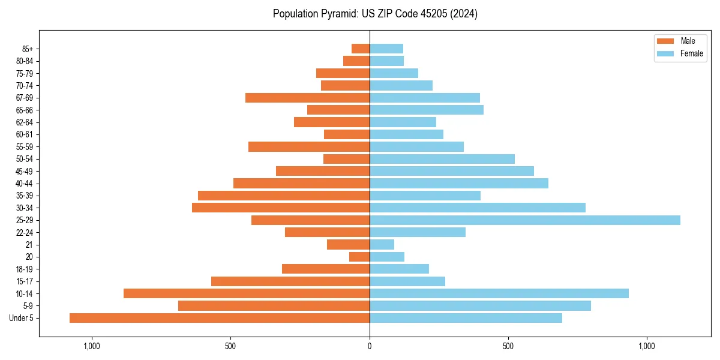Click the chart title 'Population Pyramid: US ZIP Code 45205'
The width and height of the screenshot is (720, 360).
[375, 14]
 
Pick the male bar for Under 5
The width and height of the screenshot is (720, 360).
[220, 318]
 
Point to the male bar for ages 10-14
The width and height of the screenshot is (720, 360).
[247, 293]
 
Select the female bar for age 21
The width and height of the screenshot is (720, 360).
[382, 244]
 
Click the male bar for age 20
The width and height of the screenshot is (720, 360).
[359, 257]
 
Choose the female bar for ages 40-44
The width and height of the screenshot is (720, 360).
[458, 183]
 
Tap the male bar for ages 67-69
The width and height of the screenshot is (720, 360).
[307, 98]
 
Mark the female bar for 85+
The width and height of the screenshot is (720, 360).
[386, 49]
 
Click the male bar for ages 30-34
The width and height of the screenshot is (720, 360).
[281, 208]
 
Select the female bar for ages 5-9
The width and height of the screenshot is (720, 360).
[480, 305]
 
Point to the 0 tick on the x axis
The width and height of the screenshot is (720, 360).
[370, 346]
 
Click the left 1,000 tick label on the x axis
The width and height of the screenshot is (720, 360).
[92, 346]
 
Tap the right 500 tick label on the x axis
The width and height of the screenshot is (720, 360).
[508, 346]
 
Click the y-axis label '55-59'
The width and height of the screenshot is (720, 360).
[24, 146]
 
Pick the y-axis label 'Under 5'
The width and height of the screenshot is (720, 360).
[21, 318]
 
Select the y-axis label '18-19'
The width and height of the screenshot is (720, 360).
[24, 269]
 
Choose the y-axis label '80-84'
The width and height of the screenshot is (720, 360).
[24, 61]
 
